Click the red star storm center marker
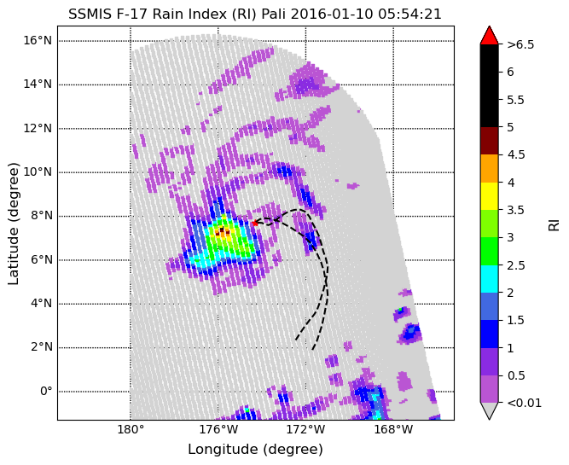point(255,223)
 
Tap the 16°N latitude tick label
point(38,40)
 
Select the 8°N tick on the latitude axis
point(38,216)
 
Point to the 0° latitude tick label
point(46,392)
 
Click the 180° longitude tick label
point(131,430)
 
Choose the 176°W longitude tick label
point(218,430)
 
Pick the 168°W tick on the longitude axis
point(393,430)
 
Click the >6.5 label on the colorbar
point(520,44)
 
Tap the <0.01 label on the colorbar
point(525,403)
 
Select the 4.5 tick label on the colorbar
point(516,155)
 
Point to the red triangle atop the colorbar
point(489,35)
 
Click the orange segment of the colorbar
point(489,168)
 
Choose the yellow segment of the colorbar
point(489,196)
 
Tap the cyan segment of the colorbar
point(489,279)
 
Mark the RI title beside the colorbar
point(554,224)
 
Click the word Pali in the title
point(274,15)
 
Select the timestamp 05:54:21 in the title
point(410,15)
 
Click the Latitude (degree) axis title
point(13,224)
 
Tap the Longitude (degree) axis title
point(255,450)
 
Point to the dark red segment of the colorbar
point(489,141)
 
